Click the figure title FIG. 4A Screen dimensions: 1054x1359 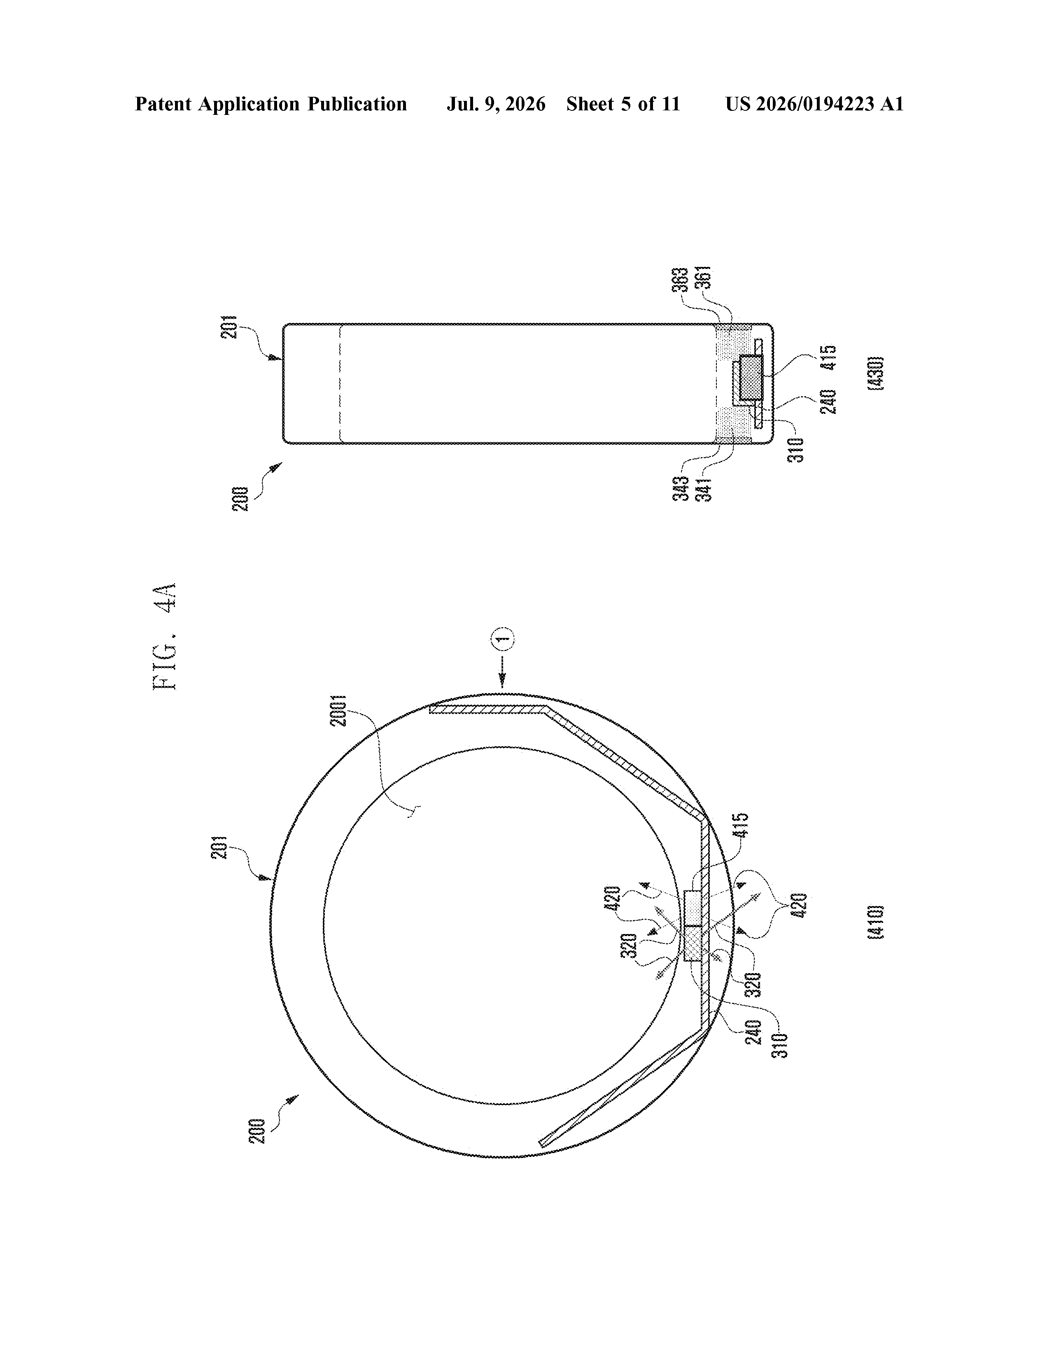point(166,636)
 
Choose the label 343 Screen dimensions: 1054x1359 point(681,488)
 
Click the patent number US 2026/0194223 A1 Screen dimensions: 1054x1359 point(814,104)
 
